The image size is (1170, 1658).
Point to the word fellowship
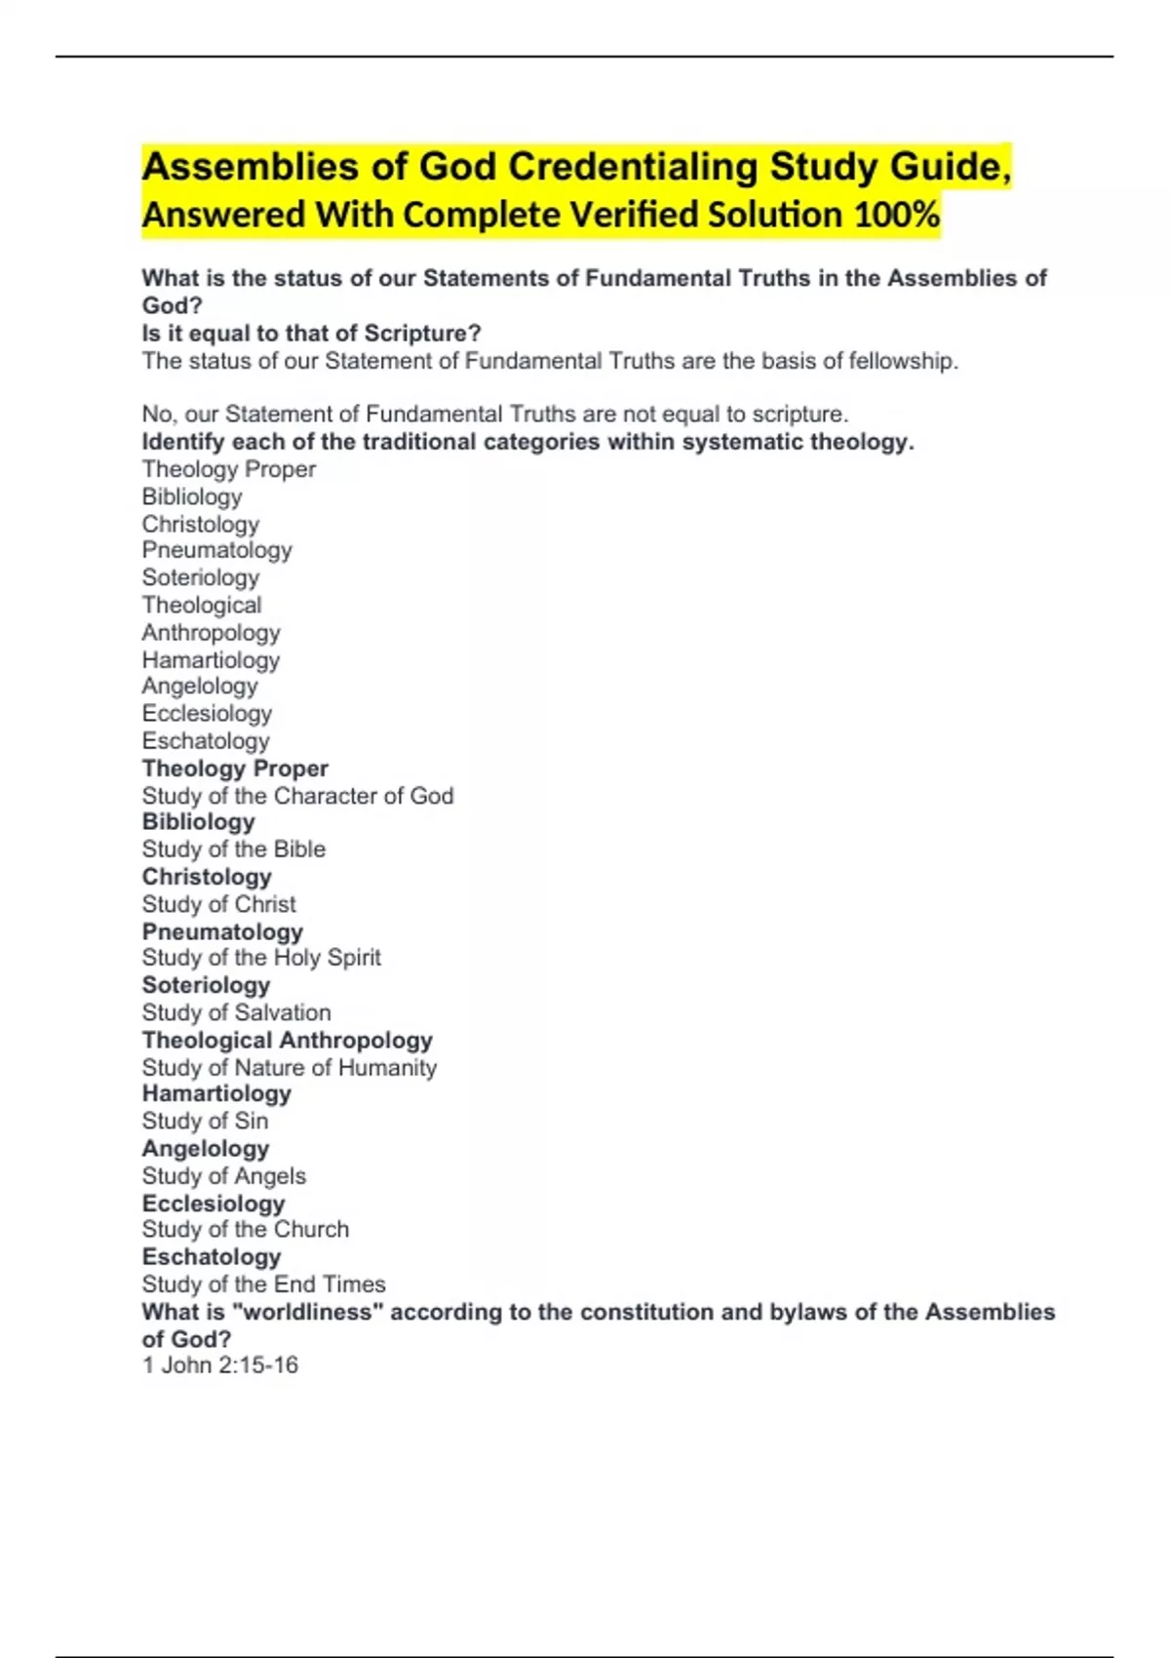[903, 361]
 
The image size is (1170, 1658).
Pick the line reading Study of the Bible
[234, 849]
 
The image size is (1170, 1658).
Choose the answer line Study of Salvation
[237, 1012]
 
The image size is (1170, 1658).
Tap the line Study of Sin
[205, 1121]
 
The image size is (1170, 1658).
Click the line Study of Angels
[224, 1176]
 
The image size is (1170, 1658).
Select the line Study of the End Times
[264, 1284]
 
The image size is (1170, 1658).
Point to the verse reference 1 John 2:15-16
[220, 1365]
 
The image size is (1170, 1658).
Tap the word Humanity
[387, 1068]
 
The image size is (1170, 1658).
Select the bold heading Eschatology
[212, 1257]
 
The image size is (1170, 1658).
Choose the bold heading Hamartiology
[216, 1094]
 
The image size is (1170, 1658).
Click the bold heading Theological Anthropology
[288, 1041]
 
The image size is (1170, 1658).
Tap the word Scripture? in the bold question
[423, 334]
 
